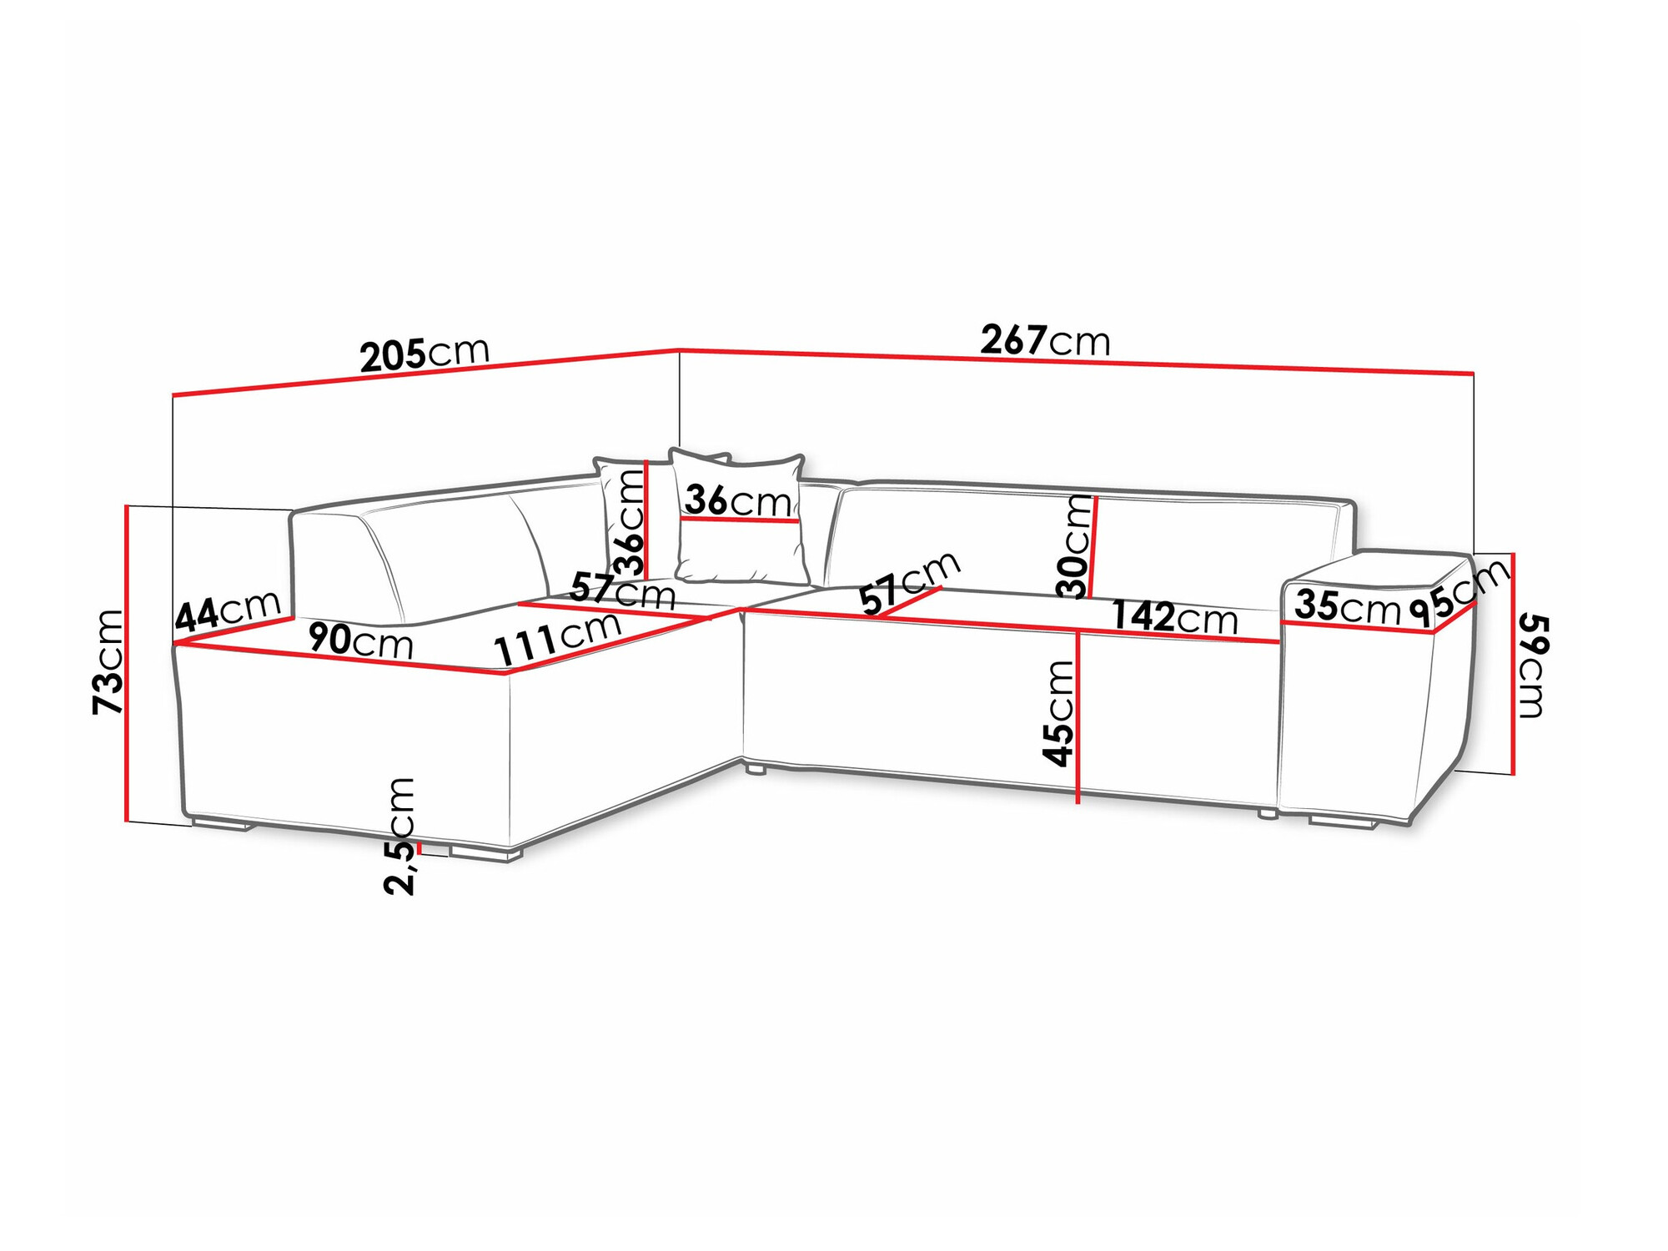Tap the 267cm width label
click(1045, 340)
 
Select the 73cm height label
click(108, 661)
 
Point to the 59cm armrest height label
click(1532, 666)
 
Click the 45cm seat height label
click(1059, 713)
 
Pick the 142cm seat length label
click(1175, 617)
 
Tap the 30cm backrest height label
click(1075, 547)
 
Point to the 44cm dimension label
click(228, 611)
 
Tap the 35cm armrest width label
click(1346, 606)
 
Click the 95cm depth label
click(1459, 592)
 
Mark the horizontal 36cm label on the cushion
click(738, 500)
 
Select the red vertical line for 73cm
click(127, 663)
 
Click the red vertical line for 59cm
click(1513, 664)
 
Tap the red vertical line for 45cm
click(1078, 716)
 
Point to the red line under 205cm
click(425, 371)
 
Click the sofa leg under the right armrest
click(1343, 822)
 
